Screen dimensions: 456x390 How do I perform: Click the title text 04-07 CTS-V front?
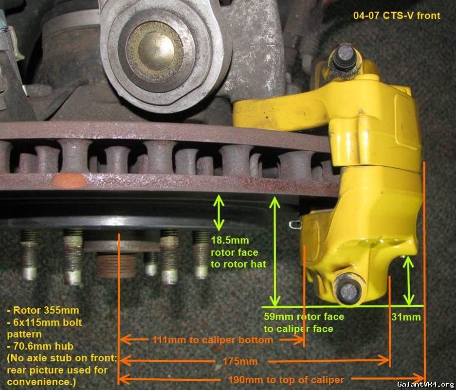pos(397,16)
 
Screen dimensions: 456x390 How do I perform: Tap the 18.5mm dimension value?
pos(230,240)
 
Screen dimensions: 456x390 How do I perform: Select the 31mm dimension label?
pos(406,317)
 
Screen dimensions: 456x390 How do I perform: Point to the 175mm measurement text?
pos(240,361)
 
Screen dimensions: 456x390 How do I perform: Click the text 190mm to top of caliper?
pos(286,379)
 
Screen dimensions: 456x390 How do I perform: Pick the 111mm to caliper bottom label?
pos(213,340)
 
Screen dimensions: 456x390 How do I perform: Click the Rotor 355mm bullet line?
pos(43,310)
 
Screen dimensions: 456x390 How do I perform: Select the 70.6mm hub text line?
pos(40,346)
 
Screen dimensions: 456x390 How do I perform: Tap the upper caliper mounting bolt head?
pos(345,57)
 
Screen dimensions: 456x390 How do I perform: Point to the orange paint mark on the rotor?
pos(70,181)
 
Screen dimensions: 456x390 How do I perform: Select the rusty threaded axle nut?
pos(116,266)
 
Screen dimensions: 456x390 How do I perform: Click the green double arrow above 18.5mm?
pos(219,213)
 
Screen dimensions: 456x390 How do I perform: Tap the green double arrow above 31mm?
pos(409,281)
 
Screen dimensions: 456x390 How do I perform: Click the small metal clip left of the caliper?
pos(295,224)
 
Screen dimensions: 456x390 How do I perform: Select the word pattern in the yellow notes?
pos(24,334)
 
